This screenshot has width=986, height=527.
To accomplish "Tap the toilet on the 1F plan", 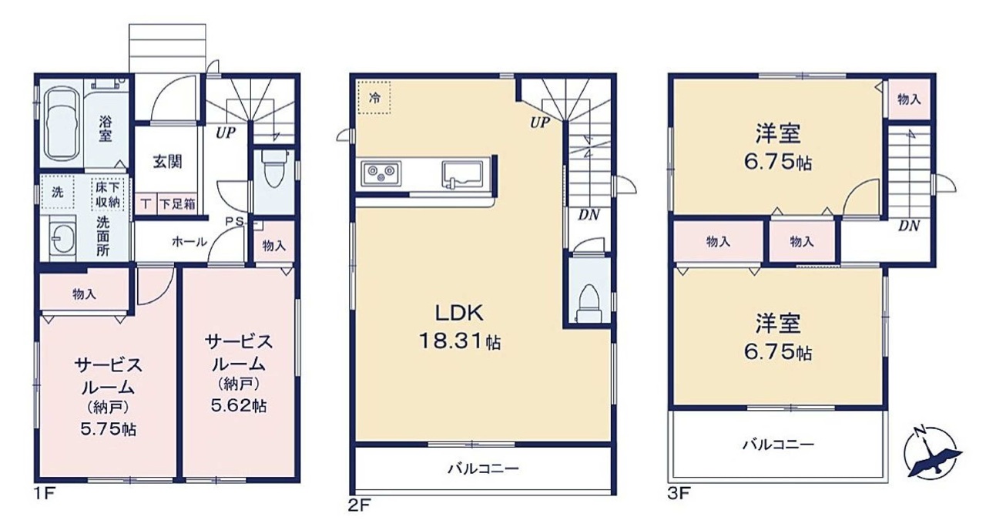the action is point(273,169).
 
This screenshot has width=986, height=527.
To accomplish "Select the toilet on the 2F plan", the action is point(589,304).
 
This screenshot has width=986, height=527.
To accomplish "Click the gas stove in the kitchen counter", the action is point(381,173).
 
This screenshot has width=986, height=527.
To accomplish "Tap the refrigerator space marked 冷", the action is point(374,97).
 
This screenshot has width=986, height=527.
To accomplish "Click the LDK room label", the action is point(460,313).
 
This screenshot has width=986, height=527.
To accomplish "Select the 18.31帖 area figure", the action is point(460,341).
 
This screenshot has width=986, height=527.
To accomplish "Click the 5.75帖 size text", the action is point(109,429).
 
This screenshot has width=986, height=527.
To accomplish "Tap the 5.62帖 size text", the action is point(239,405).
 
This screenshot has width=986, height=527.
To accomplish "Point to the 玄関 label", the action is point(167,162).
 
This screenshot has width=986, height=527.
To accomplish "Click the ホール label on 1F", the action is point(189,241).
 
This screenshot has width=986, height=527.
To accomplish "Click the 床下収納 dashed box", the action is point(108,194).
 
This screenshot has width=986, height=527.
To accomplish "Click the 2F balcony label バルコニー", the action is point(483,468).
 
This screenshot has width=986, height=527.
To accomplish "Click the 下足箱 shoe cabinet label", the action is point(177,204).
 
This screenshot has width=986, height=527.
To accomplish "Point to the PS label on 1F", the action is point(235,221).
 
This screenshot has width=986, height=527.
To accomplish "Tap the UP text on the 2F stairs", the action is point(540,123).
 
